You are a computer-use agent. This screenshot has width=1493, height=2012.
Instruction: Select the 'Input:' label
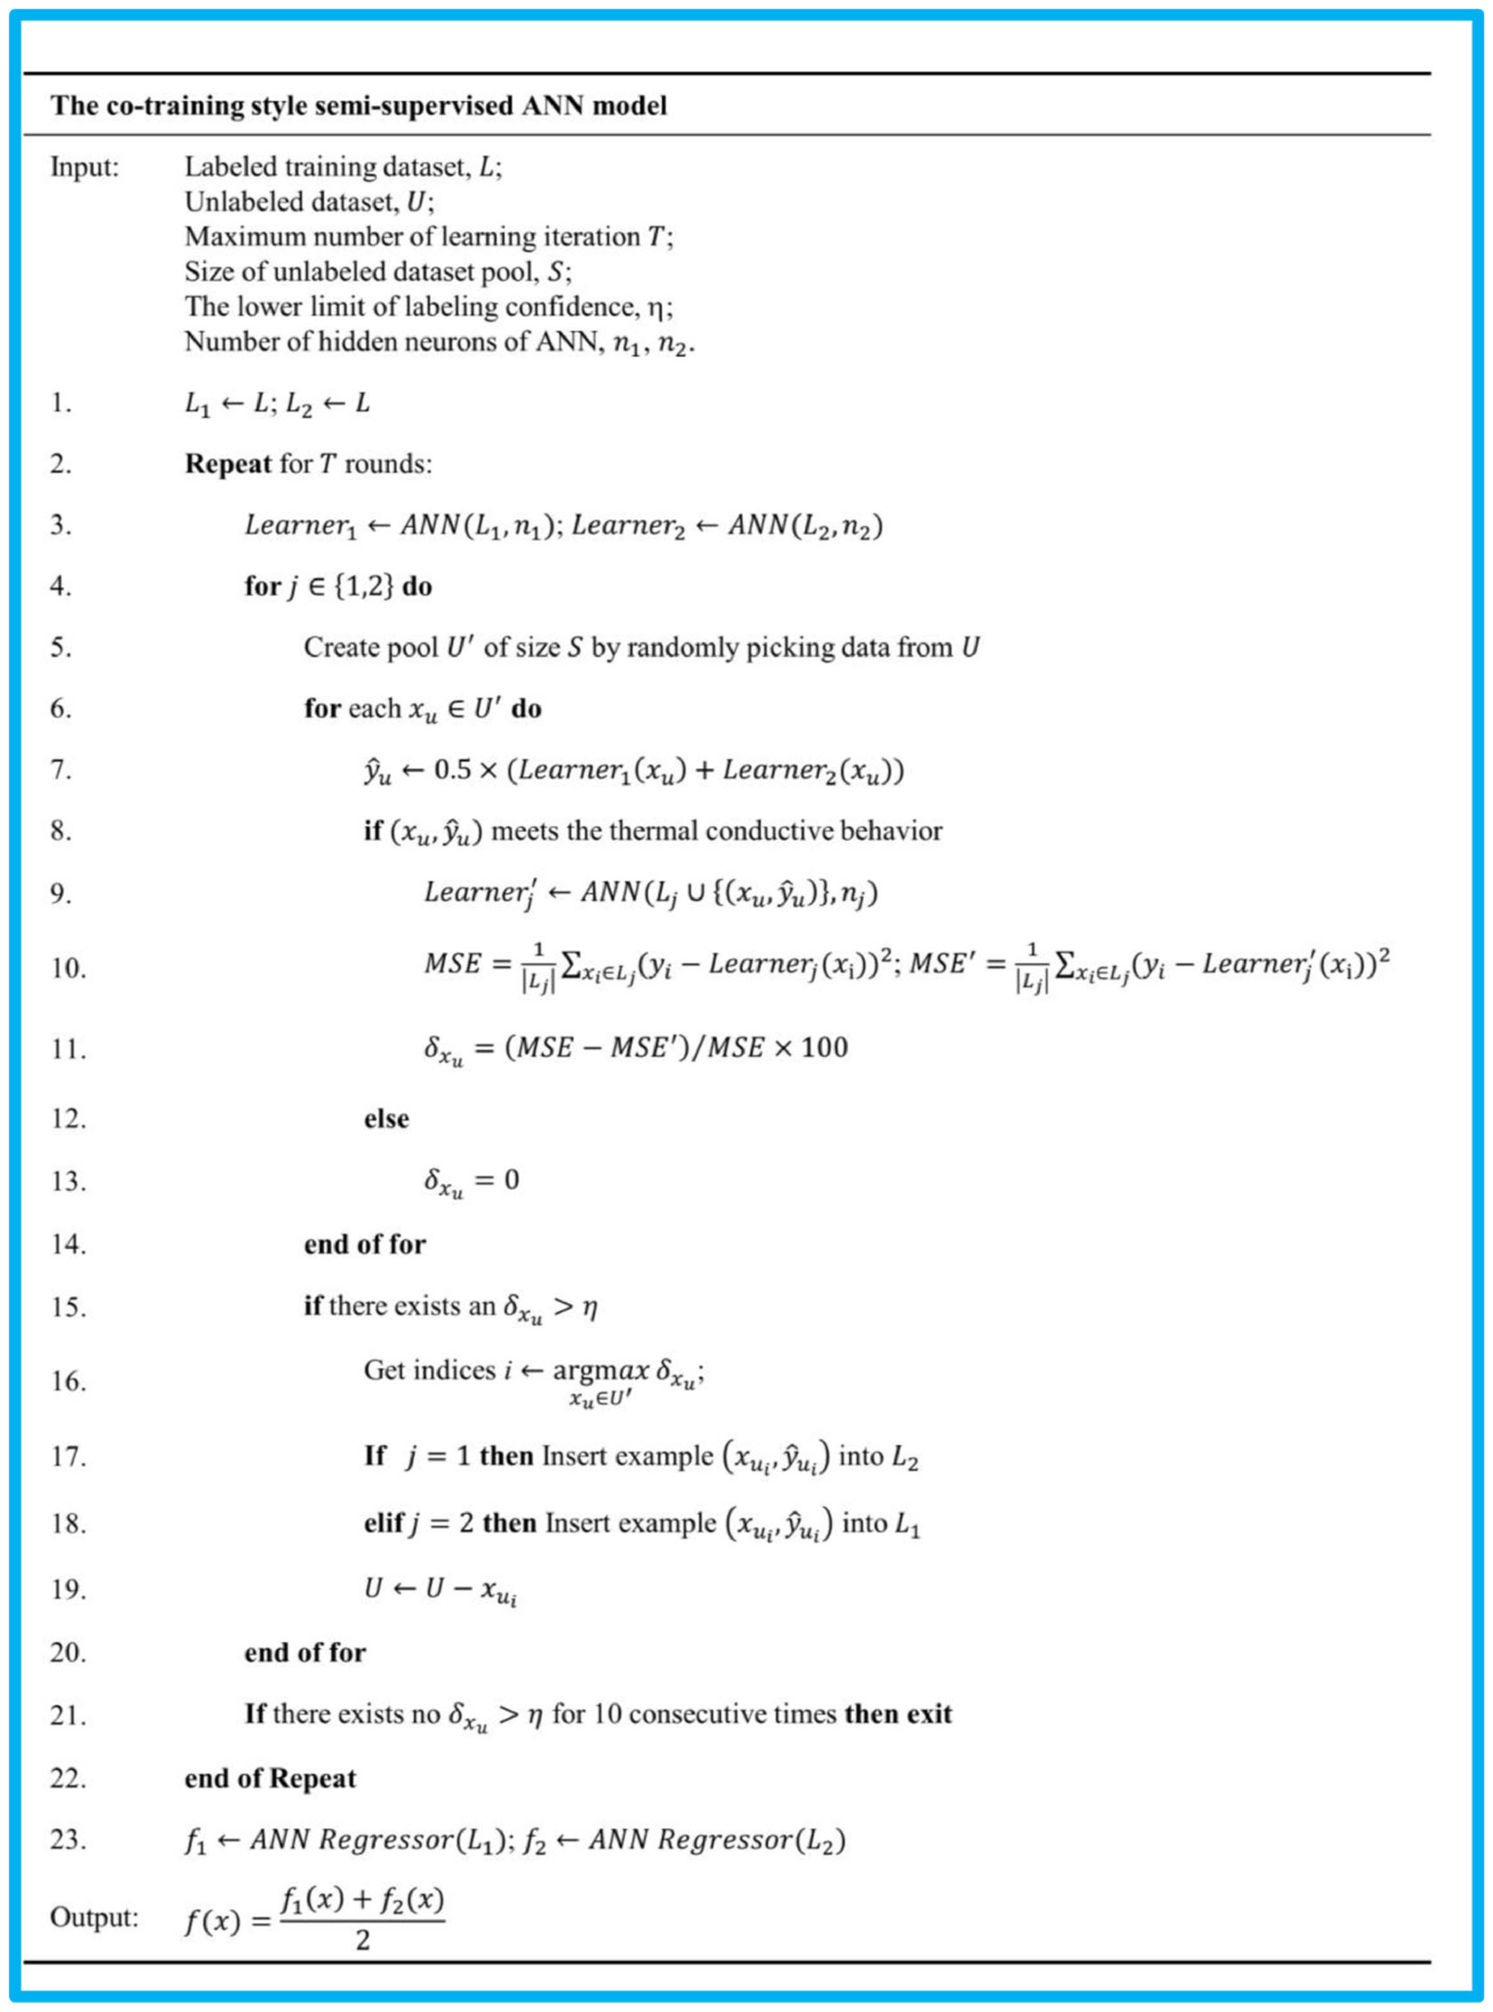(84, 167)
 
